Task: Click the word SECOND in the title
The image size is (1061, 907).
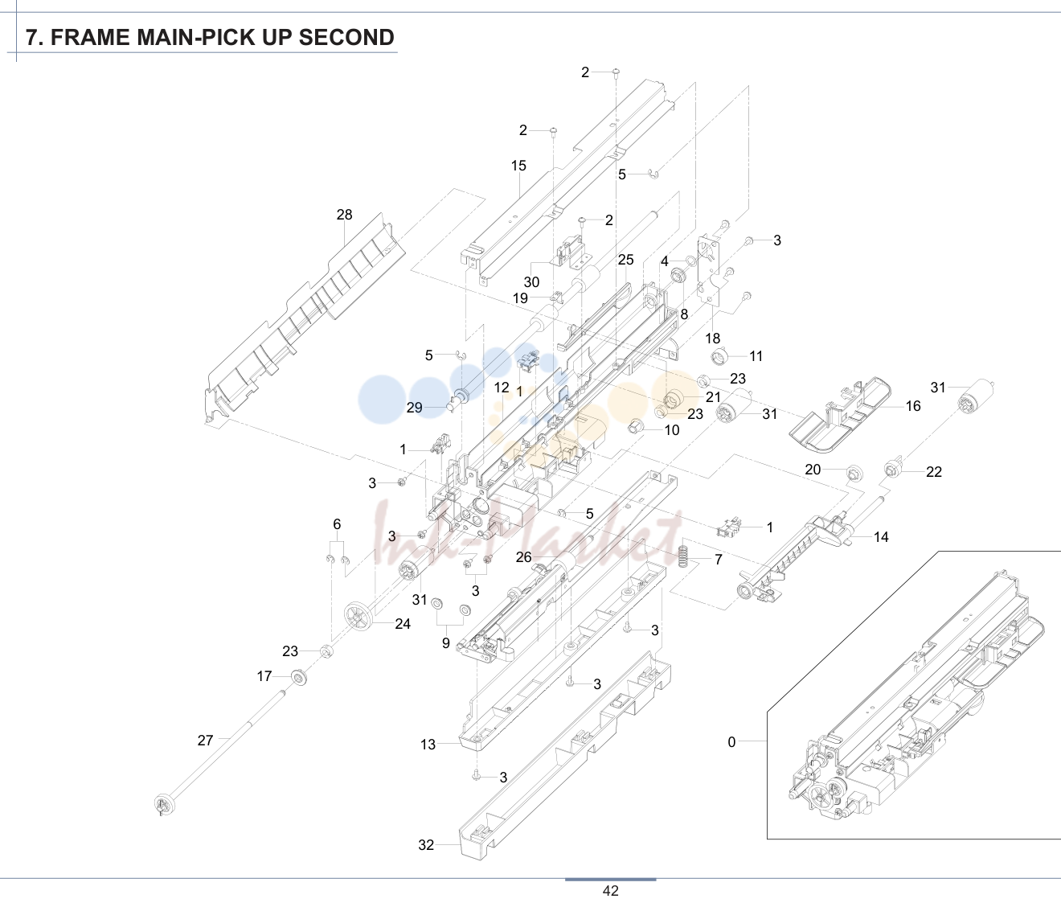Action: point(346,38)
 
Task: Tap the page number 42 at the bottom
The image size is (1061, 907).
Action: point(610,891)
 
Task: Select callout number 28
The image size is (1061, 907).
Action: point(345,214)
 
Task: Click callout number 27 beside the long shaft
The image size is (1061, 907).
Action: point(205,740)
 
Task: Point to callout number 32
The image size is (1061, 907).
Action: point(426,845)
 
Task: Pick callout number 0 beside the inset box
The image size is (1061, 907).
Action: point(731,741)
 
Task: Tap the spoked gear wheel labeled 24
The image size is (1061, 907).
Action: point(358,616)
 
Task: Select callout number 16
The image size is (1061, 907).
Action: point(913,406)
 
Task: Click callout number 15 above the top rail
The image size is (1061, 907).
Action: point(518,166)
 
